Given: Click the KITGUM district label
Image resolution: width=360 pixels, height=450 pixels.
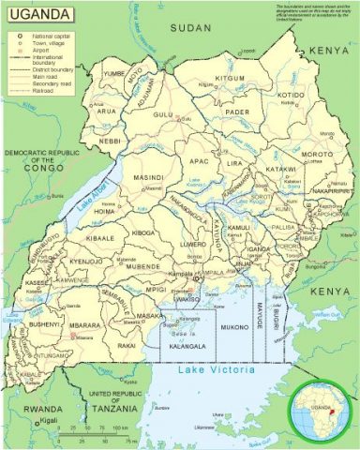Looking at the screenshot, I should coord(230,79).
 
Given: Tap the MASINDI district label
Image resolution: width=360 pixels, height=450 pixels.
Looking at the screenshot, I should coord(148,177).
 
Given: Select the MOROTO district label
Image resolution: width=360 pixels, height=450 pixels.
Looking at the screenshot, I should coord(317,154).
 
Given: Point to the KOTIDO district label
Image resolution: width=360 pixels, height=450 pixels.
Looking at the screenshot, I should coord(292,95).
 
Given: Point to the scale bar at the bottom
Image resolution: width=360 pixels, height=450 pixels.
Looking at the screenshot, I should coord(94,435).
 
